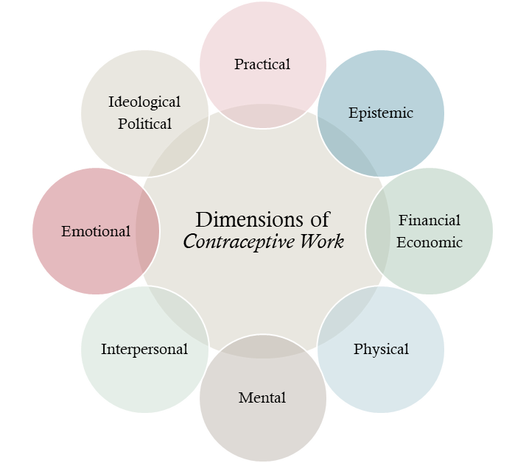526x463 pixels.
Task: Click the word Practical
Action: tap(262, 65)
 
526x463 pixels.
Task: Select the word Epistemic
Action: tap(380, 113)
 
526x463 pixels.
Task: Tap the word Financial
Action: tap(429, 220)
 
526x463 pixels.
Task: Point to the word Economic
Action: tap(429, 242)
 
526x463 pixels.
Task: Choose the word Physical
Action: tap(381, 349)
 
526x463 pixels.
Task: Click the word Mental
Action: tap(262, 398)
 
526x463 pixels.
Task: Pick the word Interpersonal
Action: tap(144, 350)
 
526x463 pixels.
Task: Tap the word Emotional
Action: tap(96, 232)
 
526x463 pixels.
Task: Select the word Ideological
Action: tap(144, 102)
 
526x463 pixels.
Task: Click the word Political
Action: tap(144, 124)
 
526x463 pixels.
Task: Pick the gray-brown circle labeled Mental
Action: tap(262, 427)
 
